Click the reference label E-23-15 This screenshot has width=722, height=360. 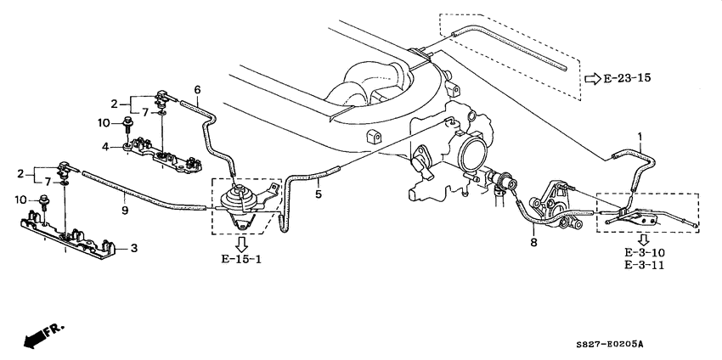click(628, 78)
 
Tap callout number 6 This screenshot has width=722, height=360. click(197, 90)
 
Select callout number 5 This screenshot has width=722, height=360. click(318, 194)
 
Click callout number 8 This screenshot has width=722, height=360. click(533, 242)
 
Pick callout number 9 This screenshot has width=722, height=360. click(125, 210)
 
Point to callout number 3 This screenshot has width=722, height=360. click(133, 249)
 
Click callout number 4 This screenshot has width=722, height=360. click(105, 147)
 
